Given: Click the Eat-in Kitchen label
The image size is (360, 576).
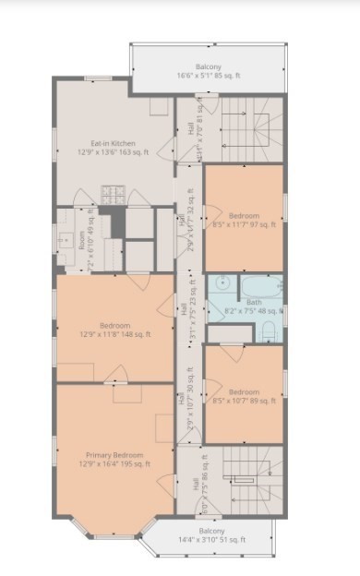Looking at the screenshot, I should pyautogui.click(x=114, y=142).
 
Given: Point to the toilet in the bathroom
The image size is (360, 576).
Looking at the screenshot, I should pyautogui.click(x=269, y=330).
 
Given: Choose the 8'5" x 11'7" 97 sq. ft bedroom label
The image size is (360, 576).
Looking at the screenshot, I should pyautogui.click(x=242, y=224).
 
